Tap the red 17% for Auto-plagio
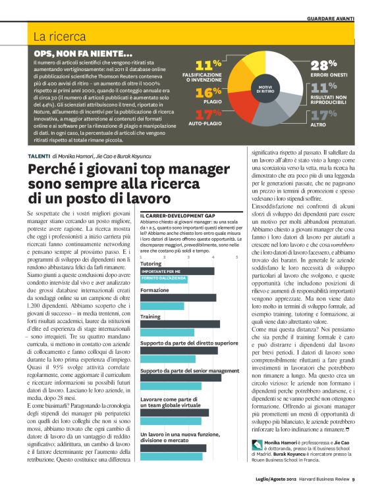[x=208, y=114]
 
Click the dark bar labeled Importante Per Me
[x=177, y=271]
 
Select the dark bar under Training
[x=177, y=324]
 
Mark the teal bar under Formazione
[x=162, y=305]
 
